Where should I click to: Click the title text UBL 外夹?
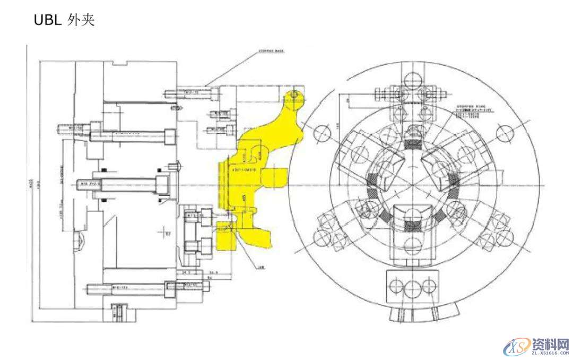(x=64, y=20)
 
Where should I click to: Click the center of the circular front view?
(x=413, y=185)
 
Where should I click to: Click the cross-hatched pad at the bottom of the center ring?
(x=413, y=226)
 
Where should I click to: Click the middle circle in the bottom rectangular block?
(x=413, y=287)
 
